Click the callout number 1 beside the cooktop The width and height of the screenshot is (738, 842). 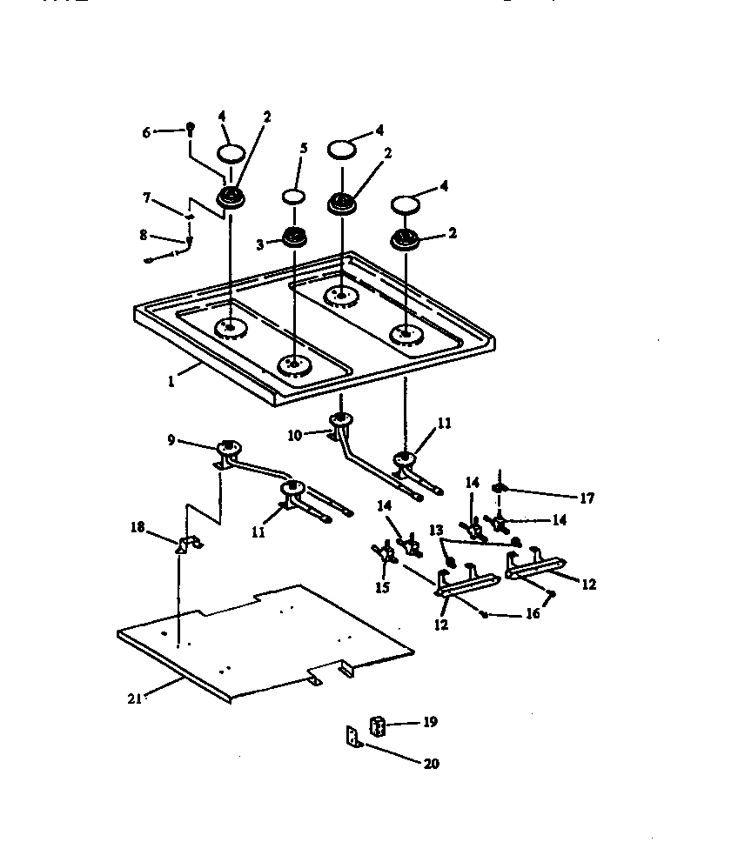point(171,381)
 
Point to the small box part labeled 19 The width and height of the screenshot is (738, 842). point(379,725)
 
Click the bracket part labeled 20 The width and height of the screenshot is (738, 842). point(352,738)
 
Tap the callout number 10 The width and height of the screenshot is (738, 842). point(294,434)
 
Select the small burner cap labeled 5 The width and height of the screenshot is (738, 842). point(292,196)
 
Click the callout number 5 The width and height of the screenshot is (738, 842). point(303,149)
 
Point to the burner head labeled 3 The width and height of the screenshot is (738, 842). point(292,237)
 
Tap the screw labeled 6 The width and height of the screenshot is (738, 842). point(191,129)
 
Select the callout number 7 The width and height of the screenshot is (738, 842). point(148,199)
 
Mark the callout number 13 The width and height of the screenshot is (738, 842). point(435,530)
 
